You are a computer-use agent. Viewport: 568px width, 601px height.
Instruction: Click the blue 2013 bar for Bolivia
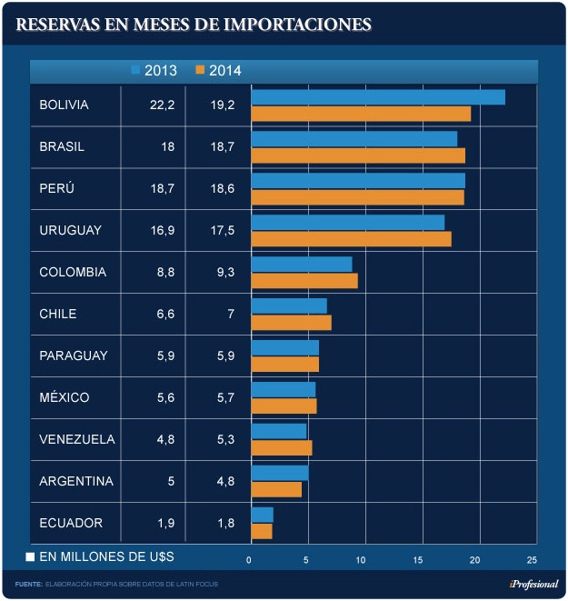[377, 97]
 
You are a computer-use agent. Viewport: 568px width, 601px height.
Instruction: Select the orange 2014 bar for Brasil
[358, 155]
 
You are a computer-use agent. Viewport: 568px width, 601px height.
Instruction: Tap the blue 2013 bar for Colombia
[301, 264]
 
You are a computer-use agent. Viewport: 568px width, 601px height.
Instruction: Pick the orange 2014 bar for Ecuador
[262, 531]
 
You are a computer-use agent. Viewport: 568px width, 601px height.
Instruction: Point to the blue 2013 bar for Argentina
[280, 473]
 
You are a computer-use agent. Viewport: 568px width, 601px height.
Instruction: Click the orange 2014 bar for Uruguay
[351, 239]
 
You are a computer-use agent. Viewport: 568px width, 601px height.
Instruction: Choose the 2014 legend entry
[218, 71]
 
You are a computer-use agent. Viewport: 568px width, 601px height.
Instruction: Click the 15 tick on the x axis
[418, 558]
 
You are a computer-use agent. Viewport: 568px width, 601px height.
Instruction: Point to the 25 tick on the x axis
[531, 558]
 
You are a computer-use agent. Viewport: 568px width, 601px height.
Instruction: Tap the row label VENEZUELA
[77, 439]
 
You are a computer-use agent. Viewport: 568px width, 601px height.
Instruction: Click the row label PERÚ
[56, 188]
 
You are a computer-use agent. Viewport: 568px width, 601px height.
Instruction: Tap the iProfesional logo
[533, 584]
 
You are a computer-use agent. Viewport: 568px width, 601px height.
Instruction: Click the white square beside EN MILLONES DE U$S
[30, 556]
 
